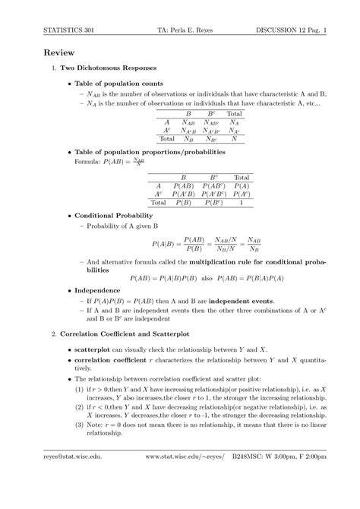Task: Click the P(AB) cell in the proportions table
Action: pyautogui.click(x=183, y=185)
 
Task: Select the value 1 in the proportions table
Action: pyautogui.click(x=242, y=203)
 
